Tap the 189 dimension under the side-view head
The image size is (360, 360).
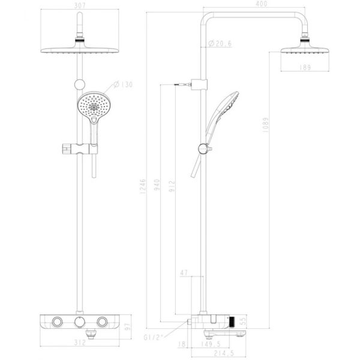pos(305,68)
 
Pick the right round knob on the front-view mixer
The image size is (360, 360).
pos(103,322)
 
